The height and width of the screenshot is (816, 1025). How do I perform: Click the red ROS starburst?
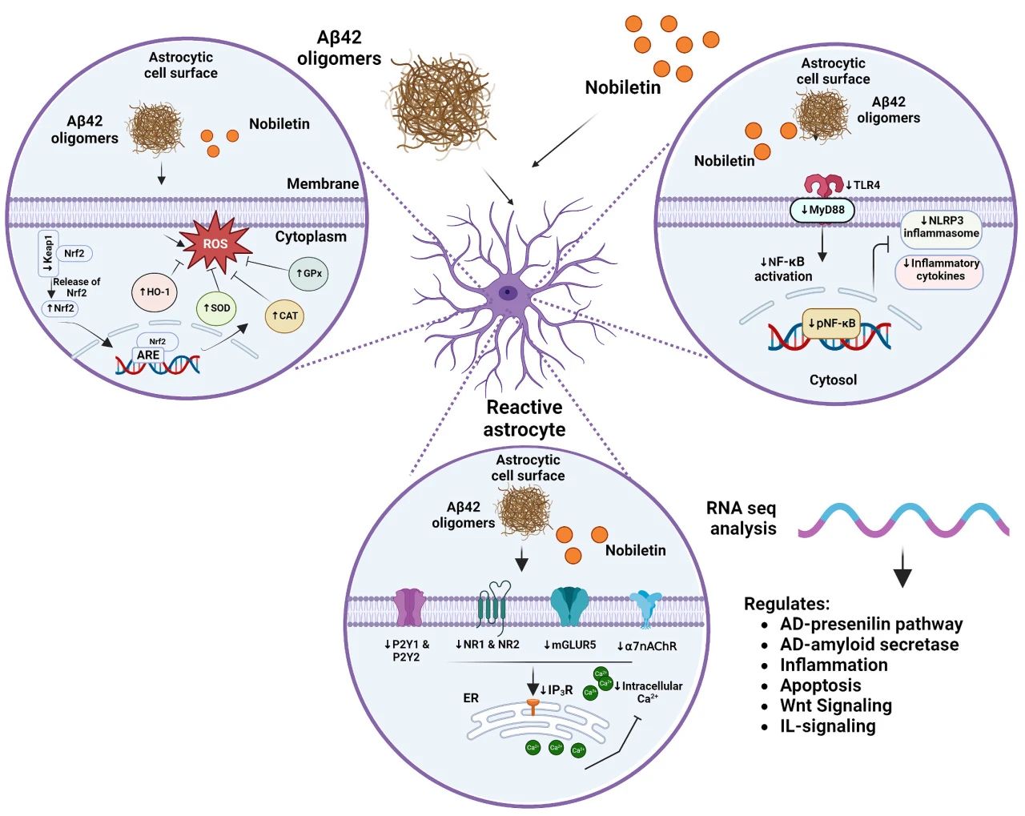215,243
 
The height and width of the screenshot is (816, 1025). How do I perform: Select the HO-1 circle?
155,291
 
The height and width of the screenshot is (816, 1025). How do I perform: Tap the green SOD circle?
216,308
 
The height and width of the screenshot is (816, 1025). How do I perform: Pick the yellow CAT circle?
284,316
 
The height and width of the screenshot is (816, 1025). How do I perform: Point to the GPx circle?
308,273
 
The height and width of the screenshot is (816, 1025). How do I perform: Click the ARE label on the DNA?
148,355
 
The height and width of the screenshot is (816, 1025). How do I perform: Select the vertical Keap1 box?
48,253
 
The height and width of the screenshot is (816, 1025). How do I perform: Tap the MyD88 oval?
822,210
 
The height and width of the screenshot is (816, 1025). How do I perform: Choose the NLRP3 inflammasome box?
941,227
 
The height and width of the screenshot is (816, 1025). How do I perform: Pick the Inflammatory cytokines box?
940,269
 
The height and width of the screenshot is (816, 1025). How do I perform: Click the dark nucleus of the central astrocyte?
507,293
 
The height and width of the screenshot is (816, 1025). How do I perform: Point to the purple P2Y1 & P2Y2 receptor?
411,608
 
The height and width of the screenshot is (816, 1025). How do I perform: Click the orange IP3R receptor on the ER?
533,706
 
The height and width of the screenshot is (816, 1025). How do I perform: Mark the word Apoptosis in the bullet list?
821,685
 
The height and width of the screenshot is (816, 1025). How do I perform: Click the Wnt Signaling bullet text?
836,705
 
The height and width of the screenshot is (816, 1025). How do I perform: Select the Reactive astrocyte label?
525,418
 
